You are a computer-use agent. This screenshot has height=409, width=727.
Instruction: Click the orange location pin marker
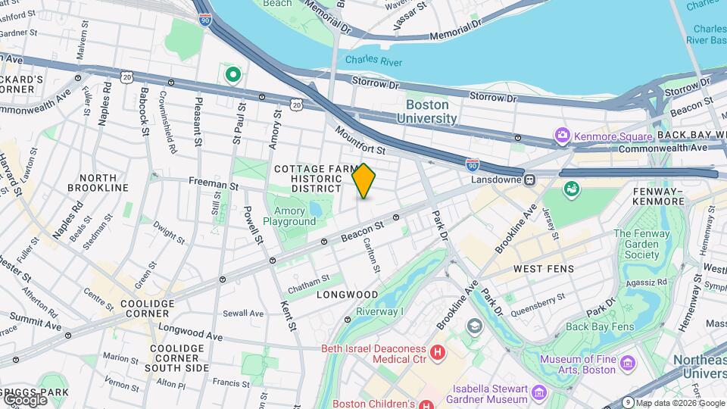[x=363, y=180]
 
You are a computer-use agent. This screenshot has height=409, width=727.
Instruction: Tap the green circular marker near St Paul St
[x=233, y=74]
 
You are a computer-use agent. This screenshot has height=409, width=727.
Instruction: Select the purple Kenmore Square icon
[x=562, y=136]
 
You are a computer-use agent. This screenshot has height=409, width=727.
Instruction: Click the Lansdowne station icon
[x=531, y=180]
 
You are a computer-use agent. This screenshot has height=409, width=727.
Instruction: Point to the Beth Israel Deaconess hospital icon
[x=437, y=353]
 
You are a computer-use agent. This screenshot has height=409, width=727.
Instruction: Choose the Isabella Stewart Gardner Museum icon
[x=538, y=392]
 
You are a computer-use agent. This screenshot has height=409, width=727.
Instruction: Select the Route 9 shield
[x=628, y=402]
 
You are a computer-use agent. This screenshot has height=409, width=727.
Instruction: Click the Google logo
[x=24, y=398]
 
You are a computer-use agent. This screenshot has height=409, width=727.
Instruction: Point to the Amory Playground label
[x=289, y=216]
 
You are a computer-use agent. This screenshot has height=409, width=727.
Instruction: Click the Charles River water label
[x=373, y=60]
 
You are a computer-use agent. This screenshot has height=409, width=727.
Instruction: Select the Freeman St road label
[x=214, y=184]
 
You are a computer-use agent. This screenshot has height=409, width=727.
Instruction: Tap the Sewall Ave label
[x=243, y=313]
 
